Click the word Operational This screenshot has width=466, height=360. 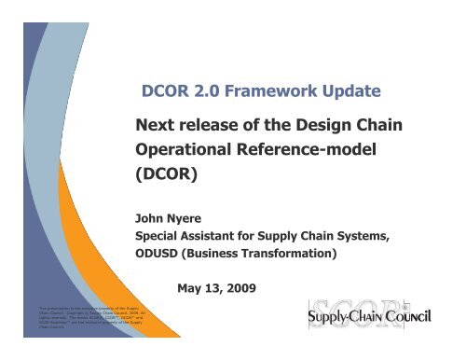196,150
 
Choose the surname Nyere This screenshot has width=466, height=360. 192,213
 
